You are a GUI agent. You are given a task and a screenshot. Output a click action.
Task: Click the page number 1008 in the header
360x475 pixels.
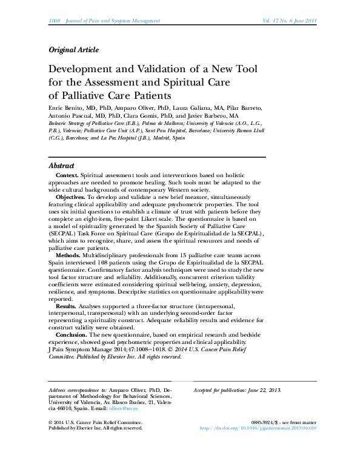54,21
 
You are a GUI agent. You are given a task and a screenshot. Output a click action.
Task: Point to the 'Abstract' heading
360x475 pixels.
61,166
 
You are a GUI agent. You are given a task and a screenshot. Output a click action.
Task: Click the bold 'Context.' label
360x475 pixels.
67,175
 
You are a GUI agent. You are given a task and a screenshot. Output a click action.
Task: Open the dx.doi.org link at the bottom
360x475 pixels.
258,427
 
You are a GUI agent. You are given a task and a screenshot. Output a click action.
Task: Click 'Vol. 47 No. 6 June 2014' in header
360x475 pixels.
281,21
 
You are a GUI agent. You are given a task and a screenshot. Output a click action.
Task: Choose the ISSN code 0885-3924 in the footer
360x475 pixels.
263,421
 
